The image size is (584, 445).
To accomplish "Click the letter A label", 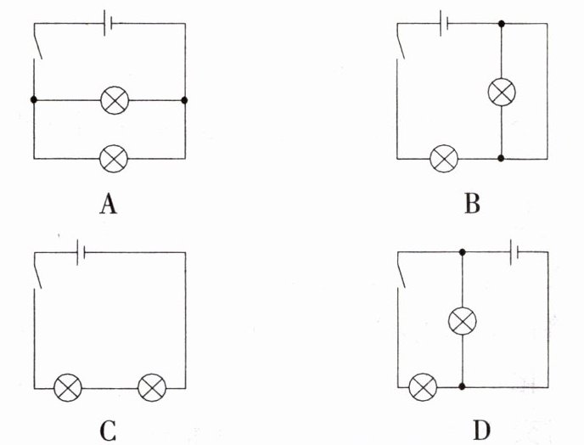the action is (109, 205).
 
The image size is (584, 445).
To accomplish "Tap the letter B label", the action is (472, 204).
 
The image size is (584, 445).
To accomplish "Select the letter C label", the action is (108, 431).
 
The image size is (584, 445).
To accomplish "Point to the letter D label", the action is (481, 431).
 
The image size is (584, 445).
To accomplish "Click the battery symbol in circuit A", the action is (108, 23).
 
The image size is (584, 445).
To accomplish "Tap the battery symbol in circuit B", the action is (444, 23).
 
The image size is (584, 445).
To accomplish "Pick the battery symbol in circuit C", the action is (81, 252).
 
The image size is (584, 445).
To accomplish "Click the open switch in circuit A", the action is (37, 41).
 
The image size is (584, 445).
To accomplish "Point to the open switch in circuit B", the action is (401, 41).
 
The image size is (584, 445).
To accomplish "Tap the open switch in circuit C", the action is (37, 270).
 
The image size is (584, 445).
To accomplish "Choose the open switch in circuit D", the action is (401, 270).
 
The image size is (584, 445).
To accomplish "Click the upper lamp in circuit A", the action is (115, 100).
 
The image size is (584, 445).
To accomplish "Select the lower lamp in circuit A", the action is (114, 159).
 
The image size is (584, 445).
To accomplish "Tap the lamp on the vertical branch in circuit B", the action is (502, 92).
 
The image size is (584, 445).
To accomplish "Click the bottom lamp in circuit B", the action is (444, 159).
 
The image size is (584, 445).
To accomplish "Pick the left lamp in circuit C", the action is (68, 387).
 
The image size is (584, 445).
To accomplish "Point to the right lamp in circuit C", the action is (152, 387).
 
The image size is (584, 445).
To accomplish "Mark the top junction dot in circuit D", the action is (463, 252).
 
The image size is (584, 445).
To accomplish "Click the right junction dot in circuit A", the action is (184, 100).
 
